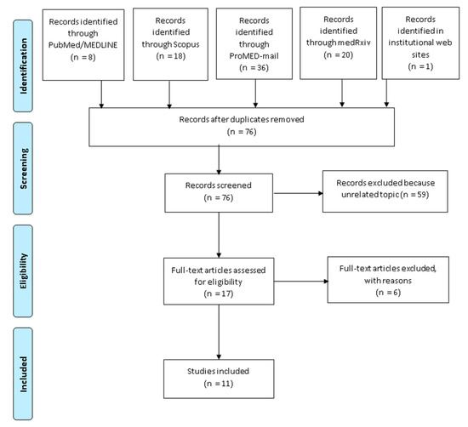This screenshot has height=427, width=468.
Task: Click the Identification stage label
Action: point(23,66)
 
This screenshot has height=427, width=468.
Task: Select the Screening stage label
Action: point(23,168)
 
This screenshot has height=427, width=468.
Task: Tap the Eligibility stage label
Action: point(23,271)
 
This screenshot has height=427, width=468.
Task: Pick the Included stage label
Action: point(23,374)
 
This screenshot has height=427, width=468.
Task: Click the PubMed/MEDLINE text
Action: point(83,45)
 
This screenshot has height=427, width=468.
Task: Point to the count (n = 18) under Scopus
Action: point(171,56)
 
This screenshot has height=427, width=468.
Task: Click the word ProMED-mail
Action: point(254,56)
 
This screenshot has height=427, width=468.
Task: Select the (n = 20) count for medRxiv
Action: point(338,55)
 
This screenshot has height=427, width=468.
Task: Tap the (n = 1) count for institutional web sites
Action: point(420,66)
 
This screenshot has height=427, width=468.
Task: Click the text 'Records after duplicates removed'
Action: point(242,119)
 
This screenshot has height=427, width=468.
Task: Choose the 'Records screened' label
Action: point(219,185)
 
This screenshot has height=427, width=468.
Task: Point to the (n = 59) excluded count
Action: point(415,195)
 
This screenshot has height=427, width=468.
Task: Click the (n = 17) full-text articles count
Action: point(219,293)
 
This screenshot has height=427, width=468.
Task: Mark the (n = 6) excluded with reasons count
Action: point(388,293)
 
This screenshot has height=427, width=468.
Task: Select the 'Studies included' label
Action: point(218,371)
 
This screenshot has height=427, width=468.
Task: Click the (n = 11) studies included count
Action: point(219,384)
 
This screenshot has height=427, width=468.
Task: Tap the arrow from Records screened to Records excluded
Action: point(299,193)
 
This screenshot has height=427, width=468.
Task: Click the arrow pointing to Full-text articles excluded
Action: point(301,281)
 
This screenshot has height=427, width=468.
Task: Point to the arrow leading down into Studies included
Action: point(219,332)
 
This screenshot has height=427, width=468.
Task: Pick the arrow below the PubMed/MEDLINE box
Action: point(101,94)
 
